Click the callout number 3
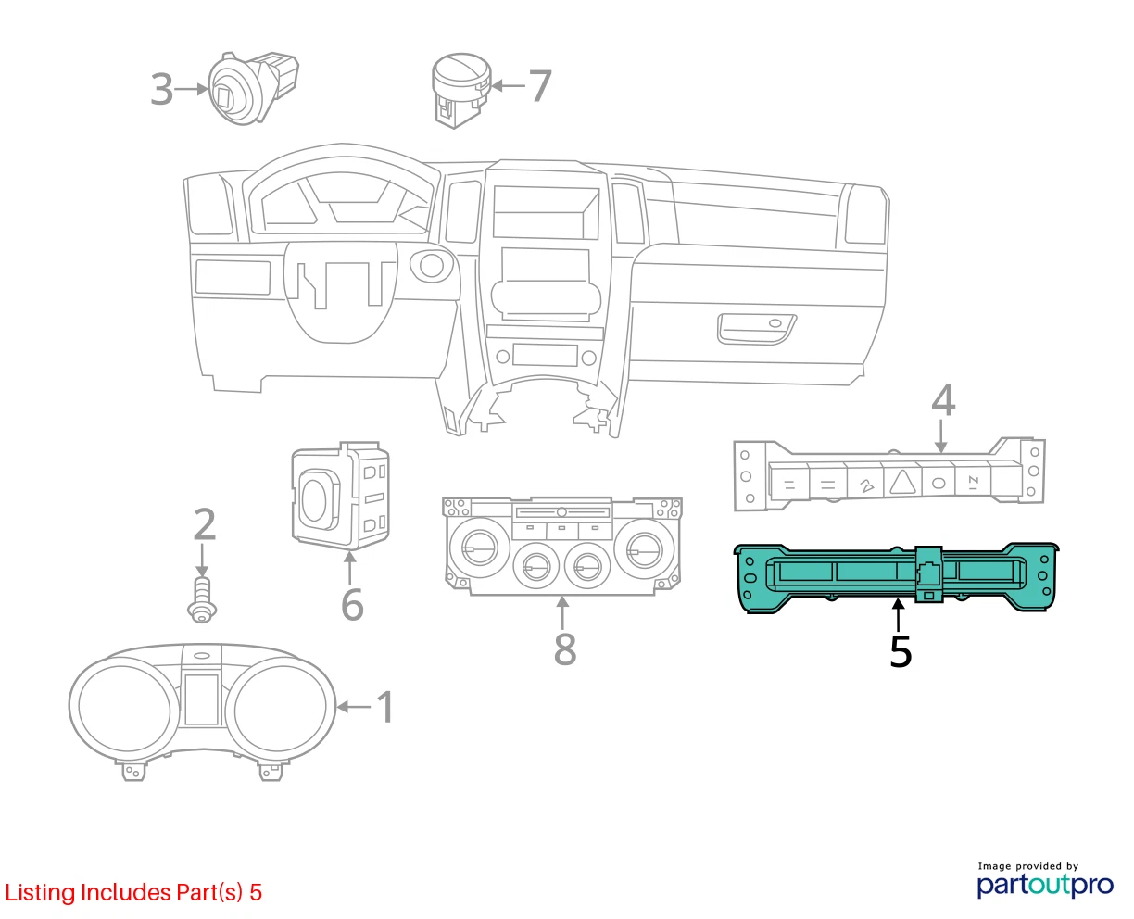162,89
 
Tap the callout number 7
539,86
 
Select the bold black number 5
901,650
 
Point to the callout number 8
565,649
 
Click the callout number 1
384,707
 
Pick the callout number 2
205,524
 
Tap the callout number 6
352,605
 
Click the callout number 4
943,400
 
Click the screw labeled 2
202,599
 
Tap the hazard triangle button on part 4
903,482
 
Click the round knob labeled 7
461,90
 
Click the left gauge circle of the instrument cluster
124,708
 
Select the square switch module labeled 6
341,496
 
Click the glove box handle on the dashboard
756,329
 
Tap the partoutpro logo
1044,885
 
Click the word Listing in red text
40,893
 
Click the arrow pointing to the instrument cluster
354,707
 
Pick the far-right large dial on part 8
644,548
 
